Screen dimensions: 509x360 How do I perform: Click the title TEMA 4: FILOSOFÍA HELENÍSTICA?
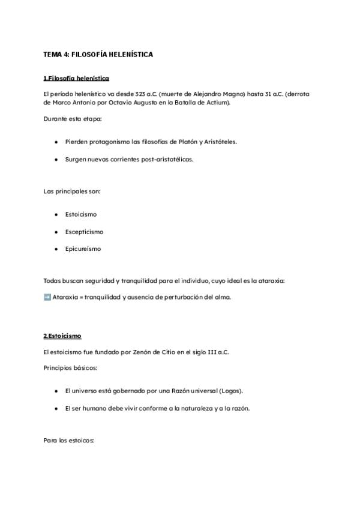coord(98,55)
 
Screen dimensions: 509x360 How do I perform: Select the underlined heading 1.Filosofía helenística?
coord(76,79)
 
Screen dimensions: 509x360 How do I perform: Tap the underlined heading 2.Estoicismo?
coord(62,336)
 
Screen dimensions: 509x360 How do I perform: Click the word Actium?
coord(217,103)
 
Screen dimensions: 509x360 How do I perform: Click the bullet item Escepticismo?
coord(84,232)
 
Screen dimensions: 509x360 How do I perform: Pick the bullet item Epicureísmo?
coord(83,248)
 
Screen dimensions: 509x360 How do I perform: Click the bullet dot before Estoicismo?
coord(56,214)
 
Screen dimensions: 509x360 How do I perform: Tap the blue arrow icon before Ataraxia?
coord(47,297)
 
